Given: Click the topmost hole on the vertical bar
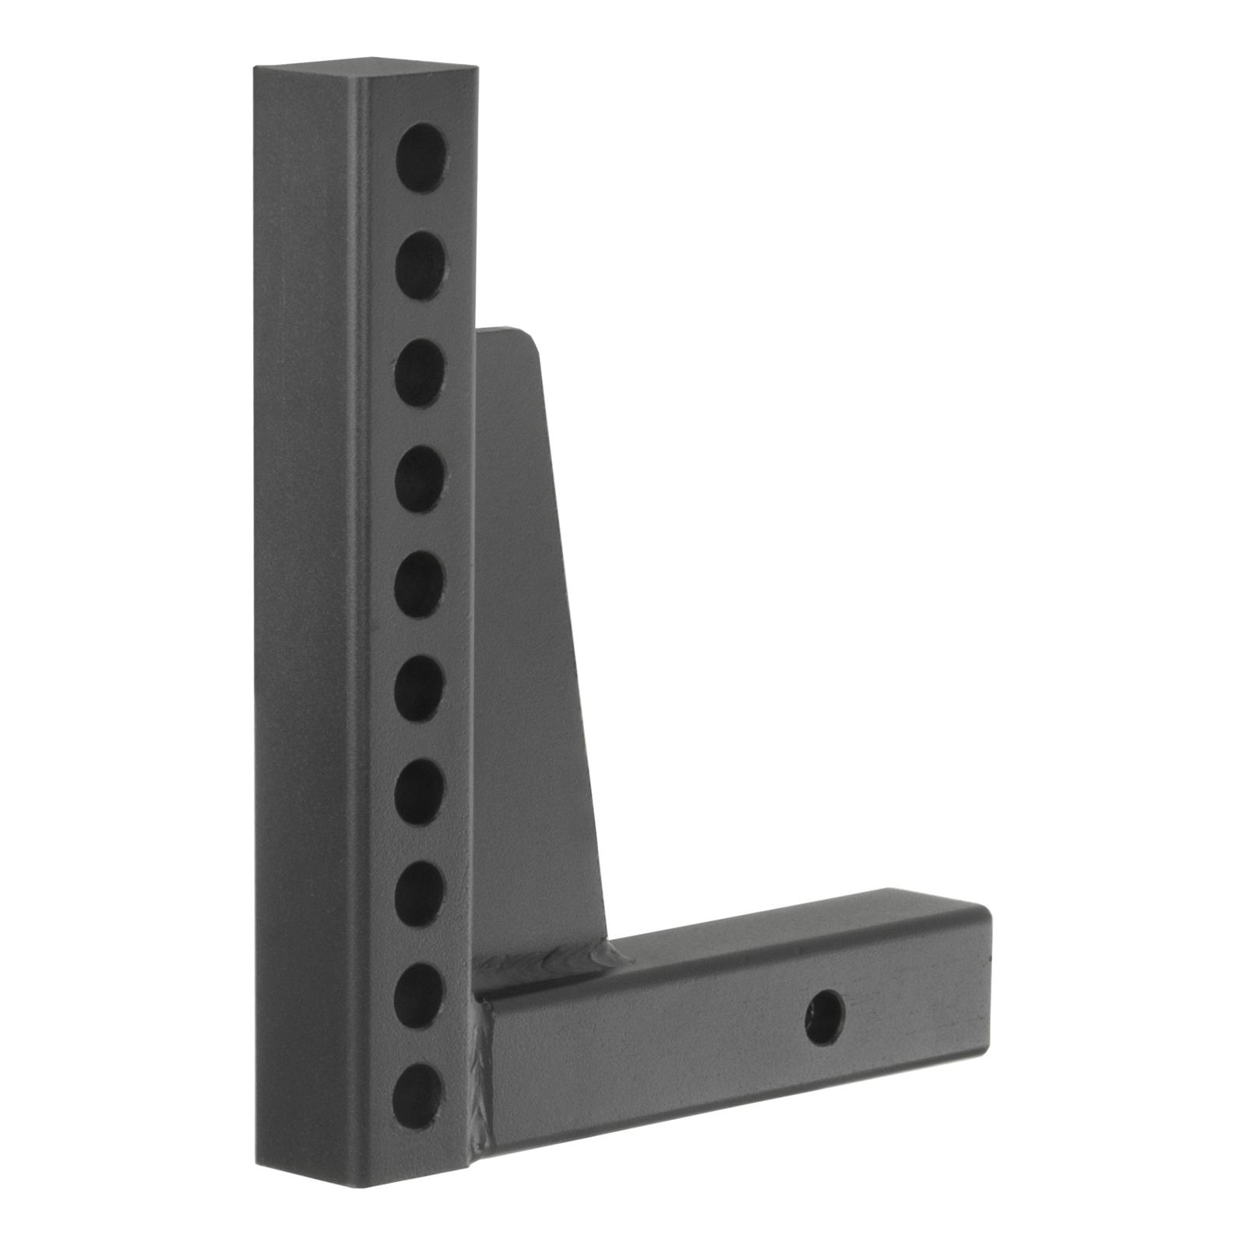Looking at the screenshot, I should pos(421,157).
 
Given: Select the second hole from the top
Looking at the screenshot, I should pos(421,265).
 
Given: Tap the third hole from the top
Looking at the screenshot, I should pos(421,372).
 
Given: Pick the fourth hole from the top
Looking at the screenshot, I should pos(421,478).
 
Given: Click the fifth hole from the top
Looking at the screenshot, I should pos(420,584).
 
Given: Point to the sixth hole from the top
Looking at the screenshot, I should pos(420,688).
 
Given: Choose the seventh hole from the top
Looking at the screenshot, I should pos(419,792).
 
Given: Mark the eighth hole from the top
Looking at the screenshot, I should pos(419,894).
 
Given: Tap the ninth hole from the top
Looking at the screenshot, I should pos(418,995).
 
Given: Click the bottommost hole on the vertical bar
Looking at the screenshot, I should pos(417,1096).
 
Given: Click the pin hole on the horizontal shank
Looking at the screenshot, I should pos(824,1018).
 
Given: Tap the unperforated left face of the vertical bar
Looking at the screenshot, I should pos(304,623).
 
